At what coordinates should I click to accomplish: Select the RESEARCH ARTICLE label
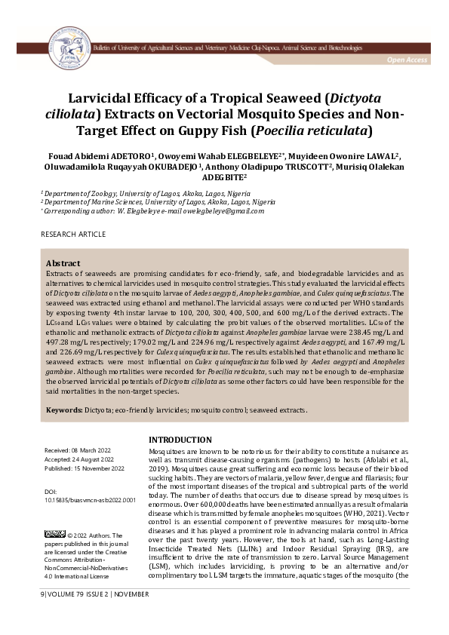pos(73,235)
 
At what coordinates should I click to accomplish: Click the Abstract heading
pos(63,263)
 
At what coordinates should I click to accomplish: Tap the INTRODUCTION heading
pos(180,440)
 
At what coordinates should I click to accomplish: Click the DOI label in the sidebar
pos(51,490)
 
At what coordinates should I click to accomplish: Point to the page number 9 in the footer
pos(43,616)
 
